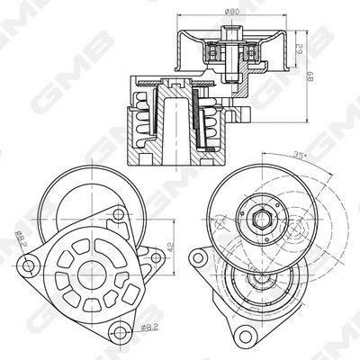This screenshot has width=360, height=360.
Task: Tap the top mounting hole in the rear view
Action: (117, 216)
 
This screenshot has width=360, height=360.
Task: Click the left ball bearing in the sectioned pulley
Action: (213, 53)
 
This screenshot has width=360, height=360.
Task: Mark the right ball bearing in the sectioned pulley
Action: (256, 53)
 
